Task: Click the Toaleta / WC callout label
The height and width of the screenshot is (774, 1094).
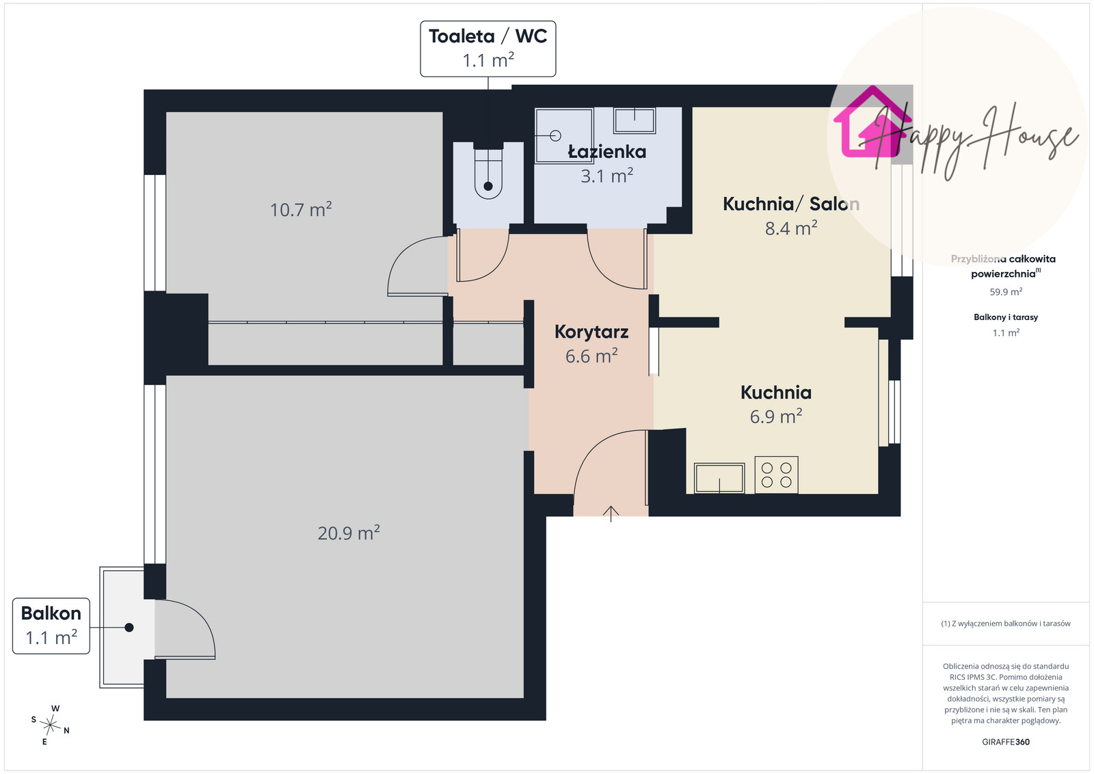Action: [x=488, y=49]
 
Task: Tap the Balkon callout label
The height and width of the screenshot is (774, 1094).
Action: [x=51, y=626]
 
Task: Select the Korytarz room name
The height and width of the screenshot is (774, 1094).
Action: [x=591, y=332]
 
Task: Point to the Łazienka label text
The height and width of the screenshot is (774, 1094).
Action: [x=607, y=152]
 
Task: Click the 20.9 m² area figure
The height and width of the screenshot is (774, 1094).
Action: [x=349, y=533]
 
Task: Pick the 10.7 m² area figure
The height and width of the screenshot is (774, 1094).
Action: [x=301, y=209]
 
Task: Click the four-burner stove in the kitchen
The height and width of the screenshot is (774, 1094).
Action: [x=777, y=475]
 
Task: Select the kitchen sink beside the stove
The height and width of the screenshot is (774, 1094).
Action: [x=719, y=478]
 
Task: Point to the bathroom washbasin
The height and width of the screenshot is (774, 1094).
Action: [x=635, y=120]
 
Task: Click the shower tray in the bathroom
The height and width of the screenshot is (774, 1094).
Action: [x=564, y=135]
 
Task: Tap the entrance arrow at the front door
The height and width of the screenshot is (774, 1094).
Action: [x=611, y=513]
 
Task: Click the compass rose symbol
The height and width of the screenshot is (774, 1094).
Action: [x=51, y=725]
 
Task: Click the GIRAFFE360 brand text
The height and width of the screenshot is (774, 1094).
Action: [x=1006, y=742]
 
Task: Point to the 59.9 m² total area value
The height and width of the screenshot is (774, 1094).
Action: [x=1006, y=291]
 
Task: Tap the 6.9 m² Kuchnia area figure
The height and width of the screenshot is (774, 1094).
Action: [x=776, y=416]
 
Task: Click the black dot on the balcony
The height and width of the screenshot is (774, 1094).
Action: [x=129, y=628]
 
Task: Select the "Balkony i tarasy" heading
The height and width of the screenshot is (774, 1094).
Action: [x=1006, y=317]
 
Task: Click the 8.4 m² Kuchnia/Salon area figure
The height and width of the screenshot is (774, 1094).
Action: [x=791, y=228]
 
